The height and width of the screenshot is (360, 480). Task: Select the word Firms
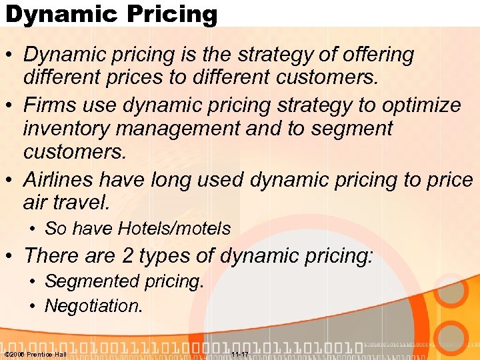tap(51, 105)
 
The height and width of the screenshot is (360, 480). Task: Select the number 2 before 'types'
tap(128, 255)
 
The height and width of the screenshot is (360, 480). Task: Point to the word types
tap(169, 255)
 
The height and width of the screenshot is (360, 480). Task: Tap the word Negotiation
tap(93, 306)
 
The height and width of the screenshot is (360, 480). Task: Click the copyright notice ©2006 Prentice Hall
tap(35, 354)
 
